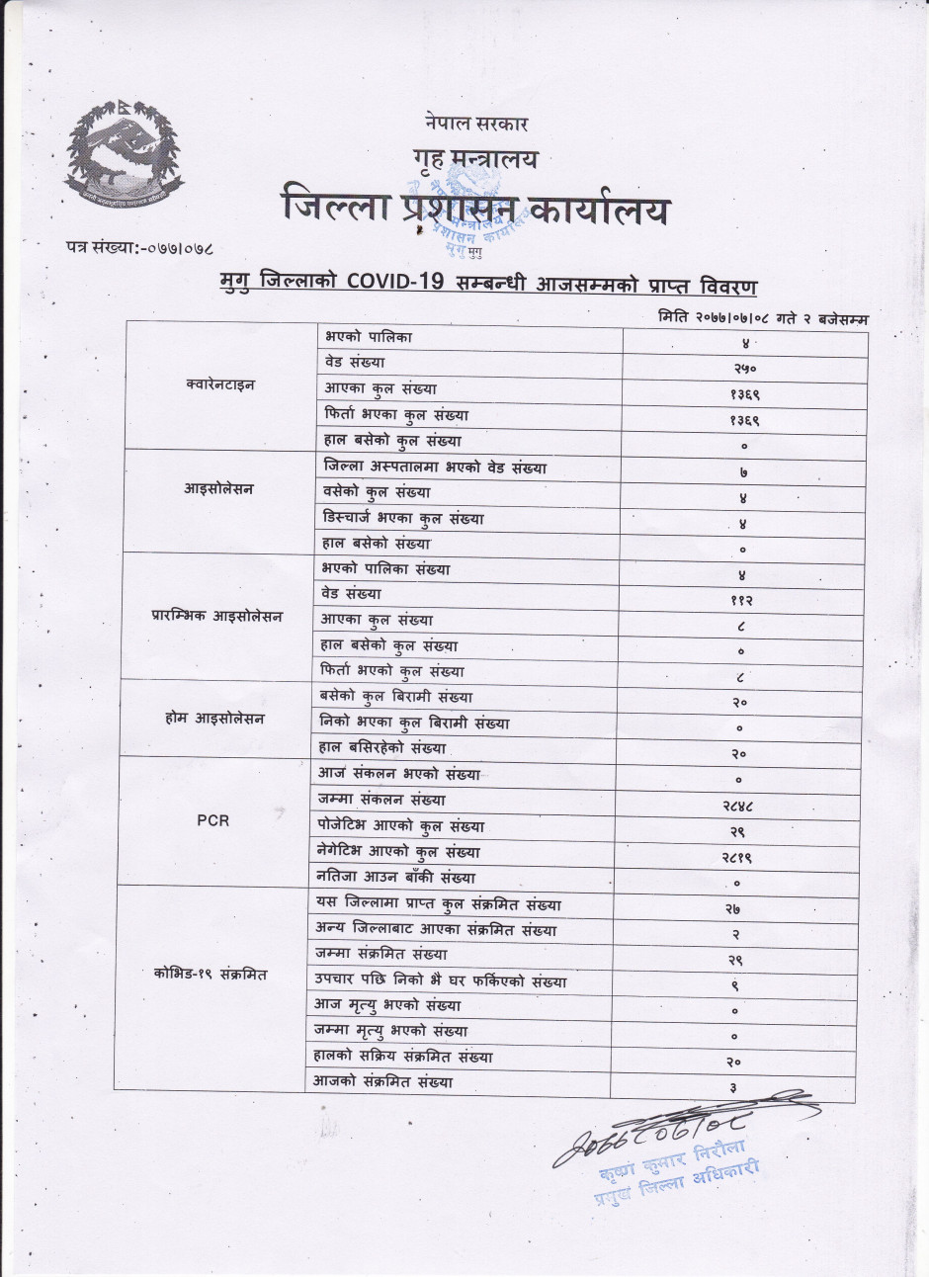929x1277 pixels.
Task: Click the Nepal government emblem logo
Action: coord(124,152)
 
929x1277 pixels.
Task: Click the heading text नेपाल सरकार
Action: coord(472,125)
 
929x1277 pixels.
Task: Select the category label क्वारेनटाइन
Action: coord(219,384)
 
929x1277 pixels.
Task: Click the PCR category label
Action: coord(212,820)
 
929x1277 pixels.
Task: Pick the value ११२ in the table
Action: coord(742,600)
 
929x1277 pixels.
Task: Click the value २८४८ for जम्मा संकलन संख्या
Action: coord(741,807)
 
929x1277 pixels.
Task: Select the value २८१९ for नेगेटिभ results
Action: coord(742,858)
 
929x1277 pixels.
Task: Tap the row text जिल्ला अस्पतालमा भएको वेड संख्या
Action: coord(434,467)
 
